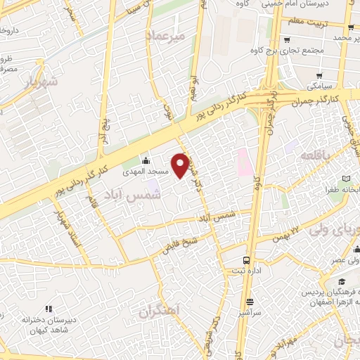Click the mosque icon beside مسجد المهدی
click(146, 160)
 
